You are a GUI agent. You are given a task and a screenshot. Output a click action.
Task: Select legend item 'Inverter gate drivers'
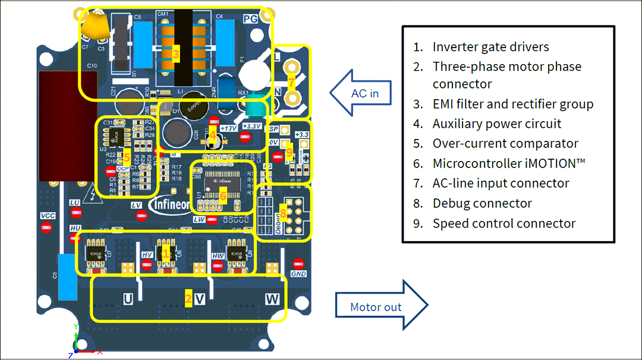[490, 47]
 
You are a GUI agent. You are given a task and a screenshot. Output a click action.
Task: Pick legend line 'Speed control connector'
[503, 223]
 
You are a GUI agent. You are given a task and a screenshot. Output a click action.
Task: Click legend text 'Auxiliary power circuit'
[496, 124]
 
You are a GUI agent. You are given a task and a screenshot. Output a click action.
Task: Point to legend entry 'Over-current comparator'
[505, 143]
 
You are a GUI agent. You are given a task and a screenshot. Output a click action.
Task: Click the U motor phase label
[127, 299]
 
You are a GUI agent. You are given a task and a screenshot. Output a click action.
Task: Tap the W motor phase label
[272, 299]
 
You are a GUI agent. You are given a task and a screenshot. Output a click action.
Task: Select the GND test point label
[298, 274]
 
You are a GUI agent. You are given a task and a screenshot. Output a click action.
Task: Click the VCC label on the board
[48, 215]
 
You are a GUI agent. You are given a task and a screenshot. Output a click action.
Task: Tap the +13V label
[228, 128]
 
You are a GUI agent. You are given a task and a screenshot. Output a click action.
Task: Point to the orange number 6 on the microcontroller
[223, 194]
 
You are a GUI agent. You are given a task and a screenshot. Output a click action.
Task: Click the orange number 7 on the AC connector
[291, 81]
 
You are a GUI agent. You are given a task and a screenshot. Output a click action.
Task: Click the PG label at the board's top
[250, 20]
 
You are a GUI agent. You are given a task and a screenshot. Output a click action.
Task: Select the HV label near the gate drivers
[147, 255]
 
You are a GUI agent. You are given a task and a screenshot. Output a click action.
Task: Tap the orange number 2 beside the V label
[188, 299]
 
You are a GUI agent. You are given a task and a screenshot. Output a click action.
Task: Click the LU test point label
[75, 203]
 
